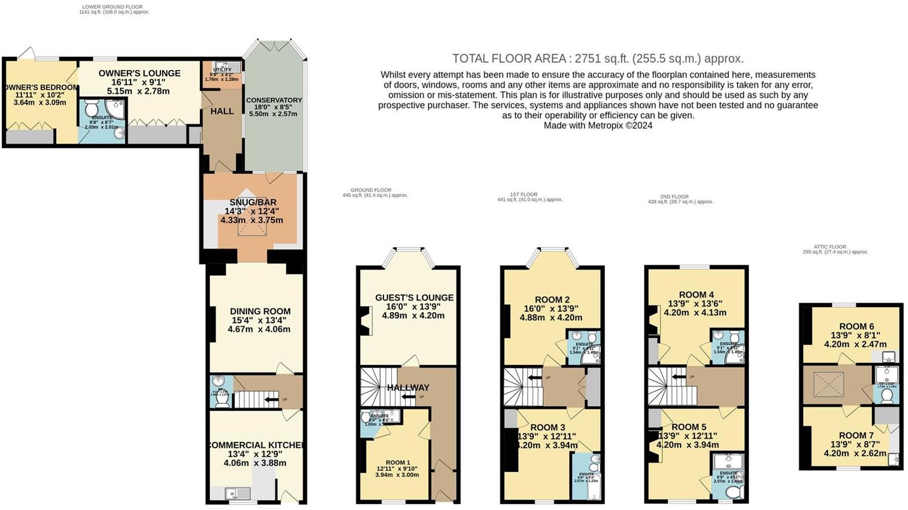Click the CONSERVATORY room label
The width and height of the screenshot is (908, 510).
[x=274, y=100]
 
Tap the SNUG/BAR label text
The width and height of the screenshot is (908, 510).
[x=252, y=202]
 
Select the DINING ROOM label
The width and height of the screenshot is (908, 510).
[x=260, y=311]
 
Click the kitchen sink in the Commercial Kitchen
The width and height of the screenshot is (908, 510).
[x=237, y=493]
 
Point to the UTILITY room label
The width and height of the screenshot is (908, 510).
[x=222, y=70]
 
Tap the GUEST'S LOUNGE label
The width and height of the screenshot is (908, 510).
[x=414, y=297]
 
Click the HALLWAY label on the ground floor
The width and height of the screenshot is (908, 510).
[x=408, y=387]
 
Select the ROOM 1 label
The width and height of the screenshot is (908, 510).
[x=397, y=462]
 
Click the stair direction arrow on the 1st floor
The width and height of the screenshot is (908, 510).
[x=534, y=378]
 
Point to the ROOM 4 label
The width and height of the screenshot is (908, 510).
[x=696, y=294]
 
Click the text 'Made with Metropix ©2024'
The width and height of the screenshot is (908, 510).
[x=598, y=126]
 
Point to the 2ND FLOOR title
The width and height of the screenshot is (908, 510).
[x=674, y=197]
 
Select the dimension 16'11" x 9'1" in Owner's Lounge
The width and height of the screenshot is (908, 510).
[x=138, y=82]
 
